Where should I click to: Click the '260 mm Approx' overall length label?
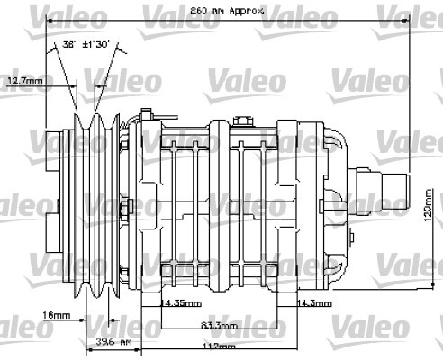(226, 10)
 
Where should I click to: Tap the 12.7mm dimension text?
(25, 81)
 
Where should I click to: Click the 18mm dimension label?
(30, 315)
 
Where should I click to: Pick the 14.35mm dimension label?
(180, 303)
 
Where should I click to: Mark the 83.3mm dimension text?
(219, 326)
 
